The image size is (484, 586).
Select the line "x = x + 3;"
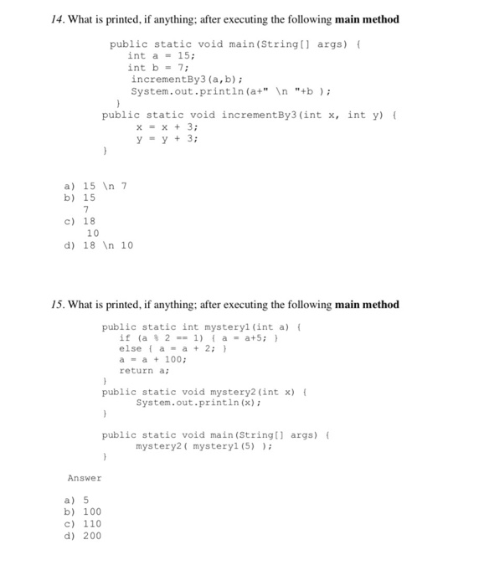[x=167, y=126]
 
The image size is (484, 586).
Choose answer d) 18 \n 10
[x=98, y=245]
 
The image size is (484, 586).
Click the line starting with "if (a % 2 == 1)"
[x=205, y=338]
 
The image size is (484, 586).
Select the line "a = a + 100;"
[x=154, y=359]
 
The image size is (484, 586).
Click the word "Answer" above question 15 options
[x=85, y=478]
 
